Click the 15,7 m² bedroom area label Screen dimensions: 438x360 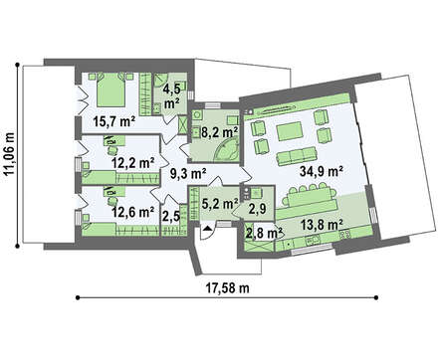click(113, 122)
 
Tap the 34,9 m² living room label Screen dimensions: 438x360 click(321, 172)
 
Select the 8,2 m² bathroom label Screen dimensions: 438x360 click(220, 132)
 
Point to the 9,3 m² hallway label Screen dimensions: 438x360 click(188, 173)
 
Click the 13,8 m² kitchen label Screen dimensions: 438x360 click(322, 225)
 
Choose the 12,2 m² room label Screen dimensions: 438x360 click(132, 163)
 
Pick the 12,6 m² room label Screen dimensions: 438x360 click(132, 212)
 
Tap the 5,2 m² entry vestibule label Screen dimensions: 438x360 click(220, 204)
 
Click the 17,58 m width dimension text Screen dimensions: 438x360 click(228, 288)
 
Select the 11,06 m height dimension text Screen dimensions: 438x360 click(10, 153)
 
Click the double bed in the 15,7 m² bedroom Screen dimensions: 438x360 click(111, 90)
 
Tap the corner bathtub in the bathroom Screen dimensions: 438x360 click(226, 150)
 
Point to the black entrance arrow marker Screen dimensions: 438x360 click(208, 228)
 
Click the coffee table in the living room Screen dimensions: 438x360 click(290, 131)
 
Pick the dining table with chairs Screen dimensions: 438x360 click(310, 196)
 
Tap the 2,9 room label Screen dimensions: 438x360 click(258, 209)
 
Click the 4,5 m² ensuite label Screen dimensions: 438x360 click(171, 96)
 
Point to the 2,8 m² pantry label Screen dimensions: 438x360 click(264, 233)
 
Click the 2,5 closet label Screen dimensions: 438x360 click(171, 216)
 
